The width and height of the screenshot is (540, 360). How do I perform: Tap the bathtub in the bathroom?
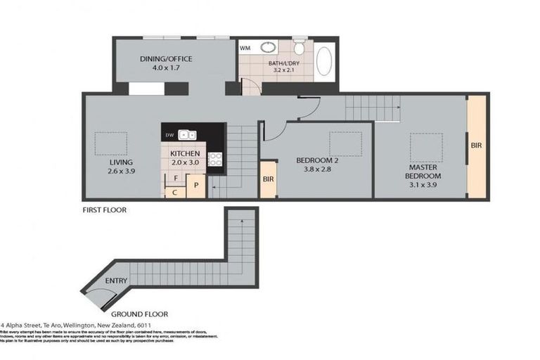pos(324,62)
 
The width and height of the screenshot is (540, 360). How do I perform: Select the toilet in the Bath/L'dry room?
pos(299,49)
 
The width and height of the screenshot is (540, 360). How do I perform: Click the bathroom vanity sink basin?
pos(269,49)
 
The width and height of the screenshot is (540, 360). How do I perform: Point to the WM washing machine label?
pos(245,49)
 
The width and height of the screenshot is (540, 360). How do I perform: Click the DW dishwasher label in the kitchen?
pos(169,135)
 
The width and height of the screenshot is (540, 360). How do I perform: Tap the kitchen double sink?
pos(187,134)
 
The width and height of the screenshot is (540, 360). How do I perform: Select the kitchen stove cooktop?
pos(216,160)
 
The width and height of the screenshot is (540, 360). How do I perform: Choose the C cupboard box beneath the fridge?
pos(174,191)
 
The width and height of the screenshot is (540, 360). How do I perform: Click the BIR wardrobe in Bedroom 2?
pos(268,179)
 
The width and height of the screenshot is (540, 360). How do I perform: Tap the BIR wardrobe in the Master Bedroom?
pos(477,146)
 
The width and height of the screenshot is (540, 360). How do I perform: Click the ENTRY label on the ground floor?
pos(116,281)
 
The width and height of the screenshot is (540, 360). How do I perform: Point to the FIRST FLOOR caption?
pos(104,210)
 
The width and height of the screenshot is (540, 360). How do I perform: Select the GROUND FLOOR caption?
pos(138,314)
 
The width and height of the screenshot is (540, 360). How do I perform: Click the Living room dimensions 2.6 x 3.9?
pos(120,171)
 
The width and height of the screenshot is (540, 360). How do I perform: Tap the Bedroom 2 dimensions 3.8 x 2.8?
pos(317,169)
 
